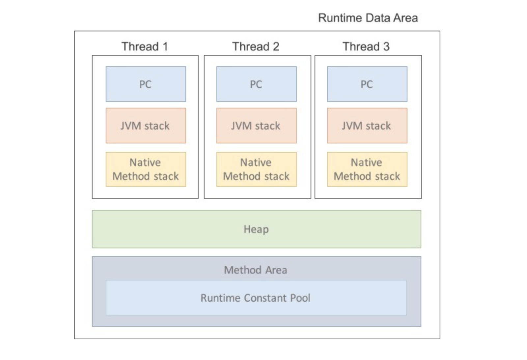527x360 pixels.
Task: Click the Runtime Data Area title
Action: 368,18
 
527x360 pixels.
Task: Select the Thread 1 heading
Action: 145,46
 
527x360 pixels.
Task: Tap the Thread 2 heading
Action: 256,46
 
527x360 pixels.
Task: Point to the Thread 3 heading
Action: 366,46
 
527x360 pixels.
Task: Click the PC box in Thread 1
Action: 146,84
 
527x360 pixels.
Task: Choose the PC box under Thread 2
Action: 256,84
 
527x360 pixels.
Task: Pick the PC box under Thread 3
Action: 367,84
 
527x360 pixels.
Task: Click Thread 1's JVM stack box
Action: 146,126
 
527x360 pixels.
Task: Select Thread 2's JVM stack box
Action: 256,126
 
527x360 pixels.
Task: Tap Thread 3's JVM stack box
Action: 367,126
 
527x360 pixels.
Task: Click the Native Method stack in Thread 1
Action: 146,169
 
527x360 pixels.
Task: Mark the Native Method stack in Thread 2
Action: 256,169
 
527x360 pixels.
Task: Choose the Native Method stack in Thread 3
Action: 367,169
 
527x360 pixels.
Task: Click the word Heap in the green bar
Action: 256,229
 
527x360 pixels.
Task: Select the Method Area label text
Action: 256,270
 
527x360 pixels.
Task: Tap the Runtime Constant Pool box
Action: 256,298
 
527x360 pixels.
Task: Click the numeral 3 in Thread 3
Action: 386,46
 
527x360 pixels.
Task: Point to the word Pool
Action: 300,298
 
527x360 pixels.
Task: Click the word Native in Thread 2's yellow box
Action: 256,163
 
